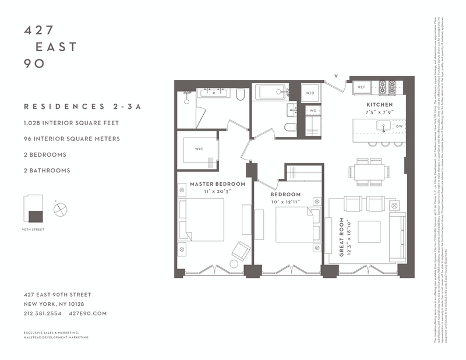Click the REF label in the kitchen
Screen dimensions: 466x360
(x=361, y=87)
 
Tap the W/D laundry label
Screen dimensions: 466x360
(x=309, y=91)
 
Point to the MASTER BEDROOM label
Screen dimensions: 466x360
(x=217, y=184)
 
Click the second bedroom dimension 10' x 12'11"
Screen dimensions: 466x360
(x=285, y=202)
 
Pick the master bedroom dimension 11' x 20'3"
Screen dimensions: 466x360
(x=217, y=192)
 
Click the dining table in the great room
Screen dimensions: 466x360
(x=369, y=171)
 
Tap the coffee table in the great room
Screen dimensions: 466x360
(x=369, y=231)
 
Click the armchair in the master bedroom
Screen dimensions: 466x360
(x=239, y=250)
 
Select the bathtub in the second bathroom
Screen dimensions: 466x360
(x=270, y=92)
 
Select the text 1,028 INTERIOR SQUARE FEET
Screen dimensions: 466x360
(x=71, y=123)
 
